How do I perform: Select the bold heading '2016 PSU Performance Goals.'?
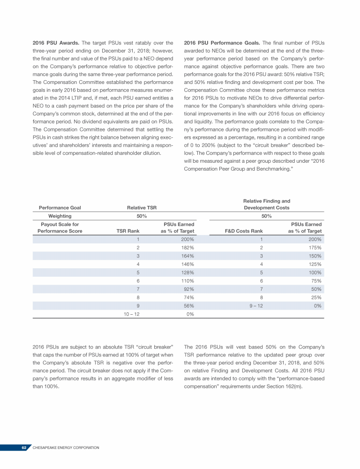(221, 43)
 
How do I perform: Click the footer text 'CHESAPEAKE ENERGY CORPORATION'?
(66, 448)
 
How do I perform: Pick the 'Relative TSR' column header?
(142, 207)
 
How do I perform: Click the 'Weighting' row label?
(60, 216)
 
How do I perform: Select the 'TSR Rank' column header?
(127, 231)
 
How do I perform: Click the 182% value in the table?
(187, 248)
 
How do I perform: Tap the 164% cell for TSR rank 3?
(187, 256)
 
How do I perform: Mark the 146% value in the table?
(187, 265)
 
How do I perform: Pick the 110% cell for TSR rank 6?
(187, 281)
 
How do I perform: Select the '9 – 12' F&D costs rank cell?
(253, 306)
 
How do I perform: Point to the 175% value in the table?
(314, 248)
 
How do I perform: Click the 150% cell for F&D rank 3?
(314, 256)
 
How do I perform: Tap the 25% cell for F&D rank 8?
(315, 297)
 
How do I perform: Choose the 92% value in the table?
(188, 289)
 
